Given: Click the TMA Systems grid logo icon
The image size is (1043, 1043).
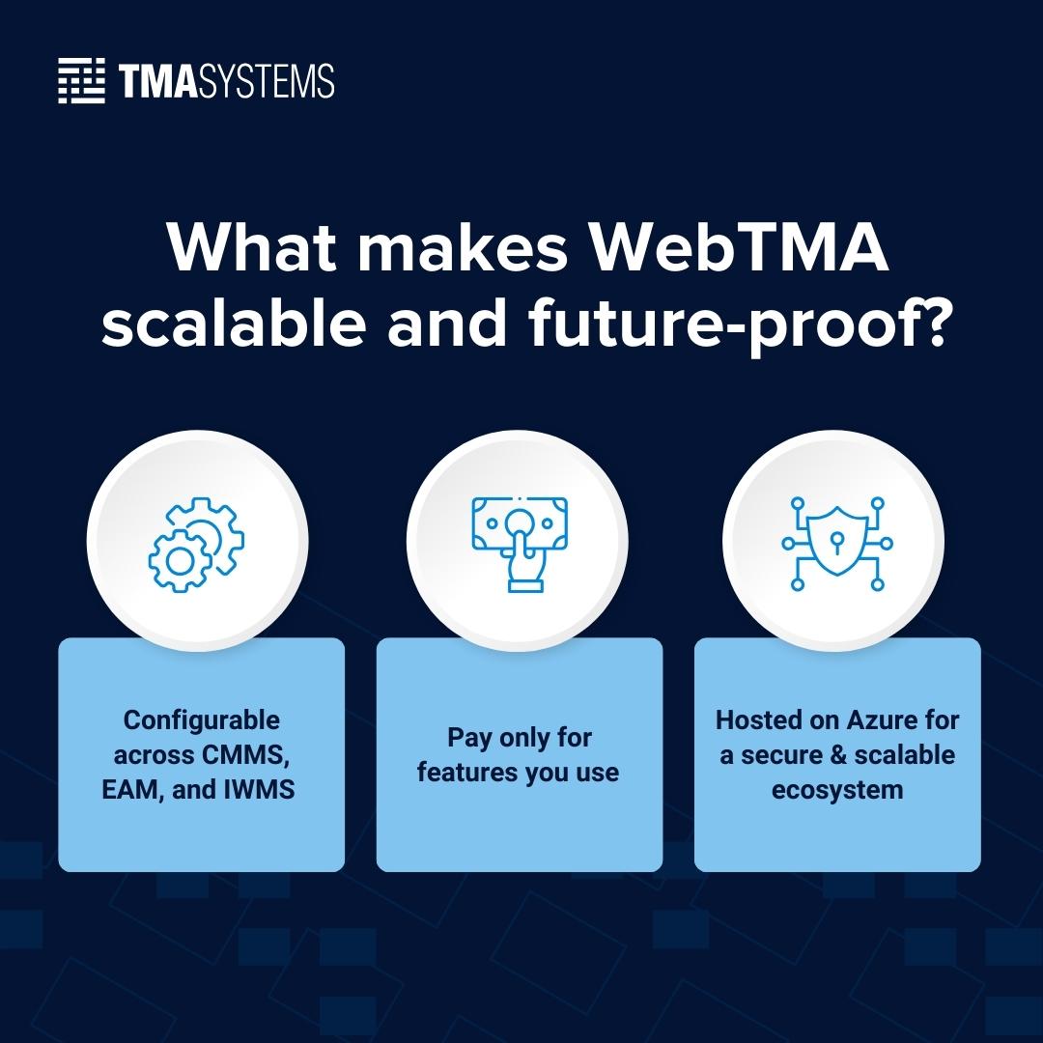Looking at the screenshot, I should pyautogui.click(x=81, y=80).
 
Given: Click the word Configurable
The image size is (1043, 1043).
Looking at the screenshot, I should pyautogui.click(x=201, y=720).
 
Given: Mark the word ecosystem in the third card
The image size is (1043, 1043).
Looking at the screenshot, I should pyautogui.click(x=836, y=790).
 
